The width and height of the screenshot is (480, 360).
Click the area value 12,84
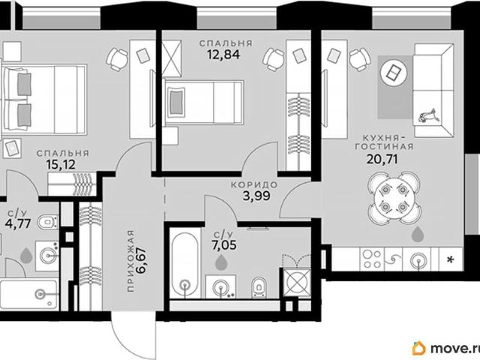[223, 55]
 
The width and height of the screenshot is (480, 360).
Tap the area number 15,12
[61, 165]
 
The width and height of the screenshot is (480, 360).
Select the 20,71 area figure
[382, 159]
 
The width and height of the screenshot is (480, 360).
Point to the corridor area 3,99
[256, 195]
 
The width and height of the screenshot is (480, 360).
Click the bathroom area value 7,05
[224, 245]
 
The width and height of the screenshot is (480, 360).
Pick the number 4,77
[18, 223]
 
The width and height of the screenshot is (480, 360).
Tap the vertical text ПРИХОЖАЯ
[131, 260]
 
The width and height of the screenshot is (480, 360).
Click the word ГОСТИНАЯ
[384, 146]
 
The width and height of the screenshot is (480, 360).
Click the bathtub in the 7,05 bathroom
[184, 265]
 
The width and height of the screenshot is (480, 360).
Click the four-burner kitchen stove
[372, 259]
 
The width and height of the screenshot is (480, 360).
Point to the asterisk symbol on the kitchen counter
[450, 260]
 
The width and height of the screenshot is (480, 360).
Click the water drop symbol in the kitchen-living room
[418, 234]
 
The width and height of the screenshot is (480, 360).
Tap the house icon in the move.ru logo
[419, 348]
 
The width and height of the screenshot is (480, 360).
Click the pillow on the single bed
[175, 102]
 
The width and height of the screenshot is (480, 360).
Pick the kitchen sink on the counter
[418, 260]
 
